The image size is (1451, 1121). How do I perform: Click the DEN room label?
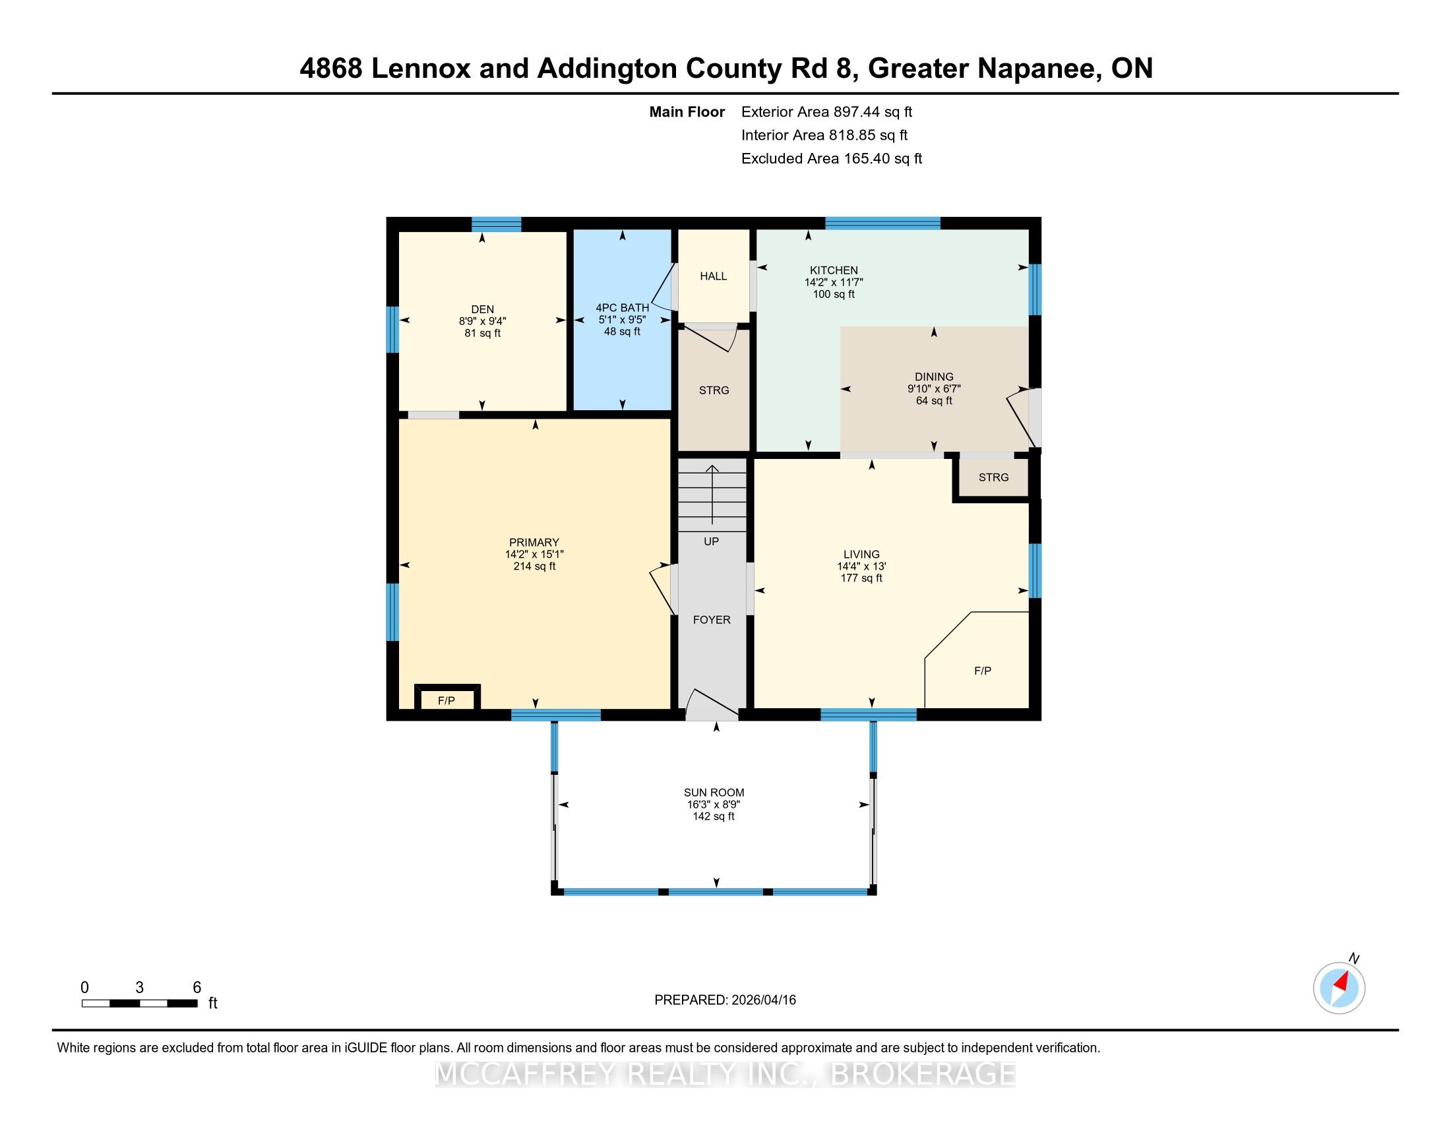[482, 309]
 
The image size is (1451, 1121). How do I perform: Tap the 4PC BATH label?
[622, 307]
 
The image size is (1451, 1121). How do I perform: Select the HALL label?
[713, 276]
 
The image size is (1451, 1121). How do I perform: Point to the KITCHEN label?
[833, 270]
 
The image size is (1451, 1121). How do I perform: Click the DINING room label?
[933, 377]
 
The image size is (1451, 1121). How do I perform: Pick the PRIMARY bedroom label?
[534, 542]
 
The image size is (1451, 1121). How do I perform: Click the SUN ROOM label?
[714, 792]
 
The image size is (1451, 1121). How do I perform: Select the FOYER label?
[712, 620]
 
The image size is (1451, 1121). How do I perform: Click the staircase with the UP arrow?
[712, 494]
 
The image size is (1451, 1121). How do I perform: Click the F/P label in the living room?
[982, 671]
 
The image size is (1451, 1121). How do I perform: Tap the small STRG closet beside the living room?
[993, 477]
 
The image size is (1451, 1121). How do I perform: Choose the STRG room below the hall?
[714, 390]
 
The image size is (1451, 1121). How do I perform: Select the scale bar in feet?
[140, 1004]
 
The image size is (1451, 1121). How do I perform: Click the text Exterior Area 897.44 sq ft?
[826, 111]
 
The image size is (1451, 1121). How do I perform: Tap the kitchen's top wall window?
[882, 223]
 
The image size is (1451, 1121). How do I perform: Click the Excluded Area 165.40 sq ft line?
[832, 158]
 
